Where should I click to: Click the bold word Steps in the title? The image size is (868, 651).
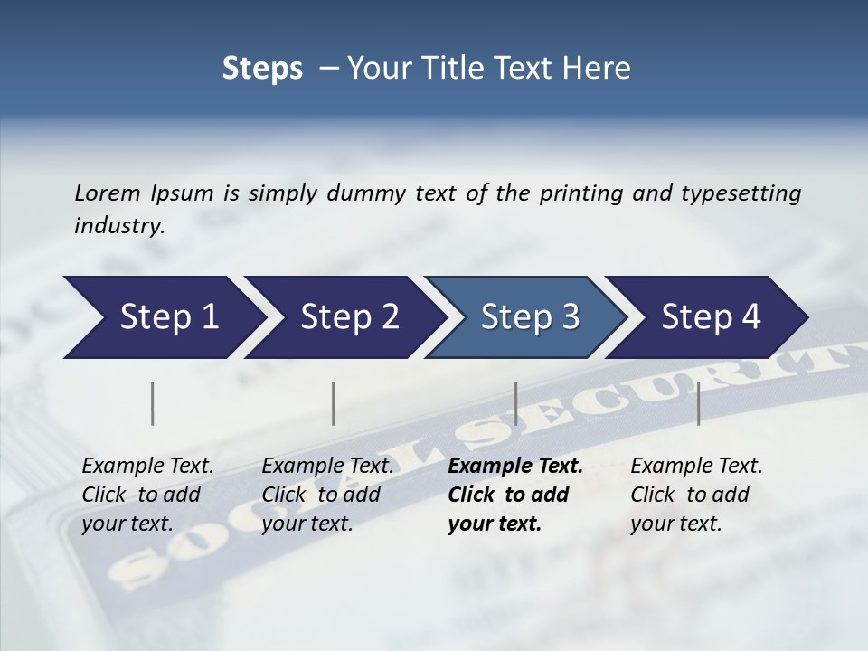point(262,69)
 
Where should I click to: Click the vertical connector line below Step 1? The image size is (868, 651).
point(153,403)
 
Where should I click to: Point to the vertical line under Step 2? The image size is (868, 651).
point(334,403)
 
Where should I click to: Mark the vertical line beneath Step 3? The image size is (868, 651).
point(515,403)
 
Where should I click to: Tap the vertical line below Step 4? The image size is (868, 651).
point(698,403)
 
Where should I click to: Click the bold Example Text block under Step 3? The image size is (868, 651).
point(514,495)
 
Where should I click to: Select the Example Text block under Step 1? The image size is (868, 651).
point(147,495)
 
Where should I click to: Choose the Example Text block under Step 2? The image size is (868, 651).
point(327,495)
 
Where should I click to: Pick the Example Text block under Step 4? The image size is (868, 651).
point(696,495)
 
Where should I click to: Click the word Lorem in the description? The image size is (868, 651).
point(108,193)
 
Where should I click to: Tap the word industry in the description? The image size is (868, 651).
point(118,225)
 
